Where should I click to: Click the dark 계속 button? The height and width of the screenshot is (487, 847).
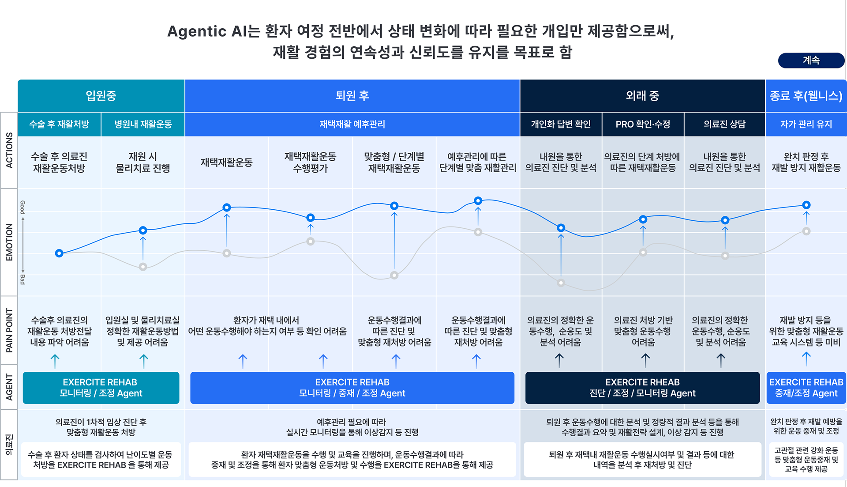[811, 60]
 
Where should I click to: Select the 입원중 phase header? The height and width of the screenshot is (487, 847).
[101, 96]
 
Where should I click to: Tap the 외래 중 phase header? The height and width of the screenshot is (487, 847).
[642, 96]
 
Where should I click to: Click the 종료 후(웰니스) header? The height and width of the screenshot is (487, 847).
[806, 96]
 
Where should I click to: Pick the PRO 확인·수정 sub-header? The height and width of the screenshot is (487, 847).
[643, 125]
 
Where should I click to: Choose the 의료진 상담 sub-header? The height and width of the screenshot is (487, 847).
[724, 125]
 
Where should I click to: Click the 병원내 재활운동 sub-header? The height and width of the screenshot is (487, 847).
[143, 125]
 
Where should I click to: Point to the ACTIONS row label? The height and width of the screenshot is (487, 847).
[9, 151]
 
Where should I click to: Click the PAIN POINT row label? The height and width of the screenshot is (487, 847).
[9, 330]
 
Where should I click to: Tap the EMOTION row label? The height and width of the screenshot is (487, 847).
[9, 242]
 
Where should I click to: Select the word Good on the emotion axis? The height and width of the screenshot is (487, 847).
[22, 207]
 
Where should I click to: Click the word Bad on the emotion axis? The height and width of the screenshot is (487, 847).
[22, 279]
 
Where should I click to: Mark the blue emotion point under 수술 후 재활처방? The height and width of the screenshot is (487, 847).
[59, 253]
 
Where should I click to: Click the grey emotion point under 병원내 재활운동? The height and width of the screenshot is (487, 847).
[143, 267]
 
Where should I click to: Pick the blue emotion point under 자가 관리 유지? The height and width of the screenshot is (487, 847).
[806, 205]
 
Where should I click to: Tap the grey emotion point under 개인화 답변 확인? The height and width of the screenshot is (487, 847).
[561, 283]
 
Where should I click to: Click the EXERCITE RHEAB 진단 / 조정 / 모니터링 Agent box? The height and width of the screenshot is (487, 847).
[642, 388]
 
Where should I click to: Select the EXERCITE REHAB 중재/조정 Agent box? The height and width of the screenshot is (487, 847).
[806, 388]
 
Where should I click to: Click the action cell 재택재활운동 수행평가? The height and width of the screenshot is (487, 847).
[310, 162]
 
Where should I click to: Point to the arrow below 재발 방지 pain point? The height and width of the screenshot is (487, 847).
[806, 359]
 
